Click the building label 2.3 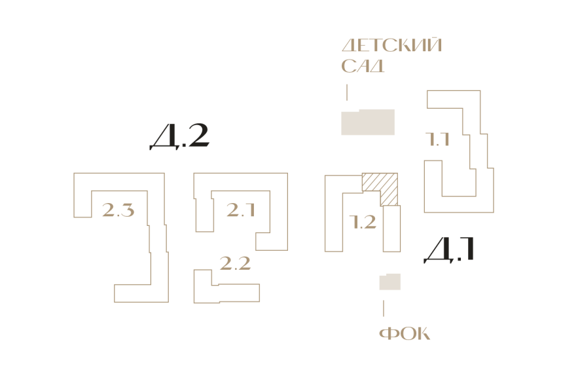[118, 210]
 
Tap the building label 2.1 [241, 210]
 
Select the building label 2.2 [235, 263]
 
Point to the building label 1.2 [363, 222]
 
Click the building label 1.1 [437, 140]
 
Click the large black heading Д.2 [179, 136]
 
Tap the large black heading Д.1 [449, 250]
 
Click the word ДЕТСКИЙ [391, 45]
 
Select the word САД [363, 66]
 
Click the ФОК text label [405, 333]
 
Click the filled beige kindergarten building [368, 122]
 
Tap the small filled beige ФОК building [390, 282]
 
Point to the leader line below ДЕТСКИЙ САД [347, 92]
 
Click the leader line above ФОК [384, 309]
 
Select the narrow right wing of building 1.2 [392, 229]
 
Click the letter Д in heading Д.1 [439, 251]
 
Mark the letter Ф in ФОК [388, 333]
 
